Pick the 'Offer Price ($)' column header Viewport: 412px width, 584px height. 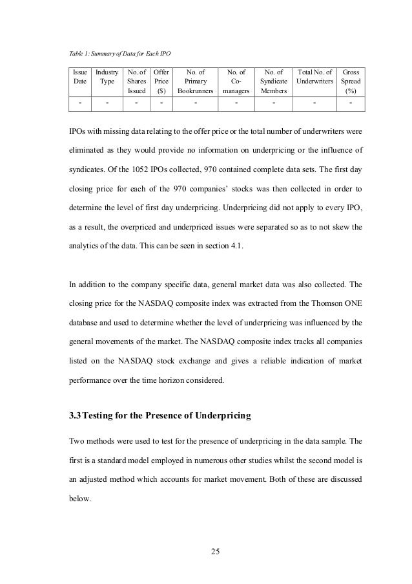(x=161, y=81)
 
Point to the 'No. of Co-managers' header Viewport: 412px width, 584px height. (x=236, y=81)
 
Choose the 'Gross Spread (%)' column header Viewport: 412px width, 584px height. (x=351, y=81)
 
